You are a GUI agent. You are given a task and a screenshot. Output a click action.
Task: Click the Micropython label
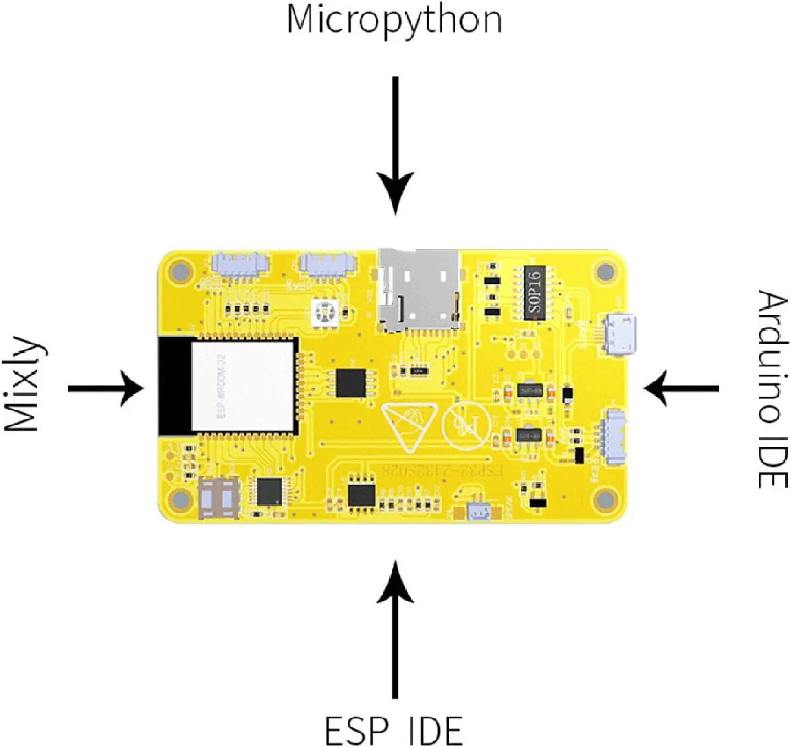[x=394, y=21]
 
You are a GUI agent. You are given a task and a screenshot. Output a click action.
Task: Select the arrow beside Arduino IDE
[x=682, y=388]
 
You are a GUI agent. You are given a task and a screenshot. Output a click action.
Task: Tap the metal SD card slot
[x=419, y=289]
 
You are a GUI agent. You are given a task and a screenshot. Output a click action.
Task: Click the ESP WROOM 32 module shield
[x=242, y=386]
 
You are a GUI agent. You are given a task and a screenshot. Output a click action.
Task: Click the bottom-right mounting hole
[x=605, y=499]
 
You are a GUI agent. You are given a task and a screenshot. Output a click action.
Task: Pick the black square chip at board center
[x=350, y=383]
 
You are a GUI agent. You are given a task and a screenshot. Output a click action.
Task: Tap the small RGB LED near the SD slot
[x=324, y=312]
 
